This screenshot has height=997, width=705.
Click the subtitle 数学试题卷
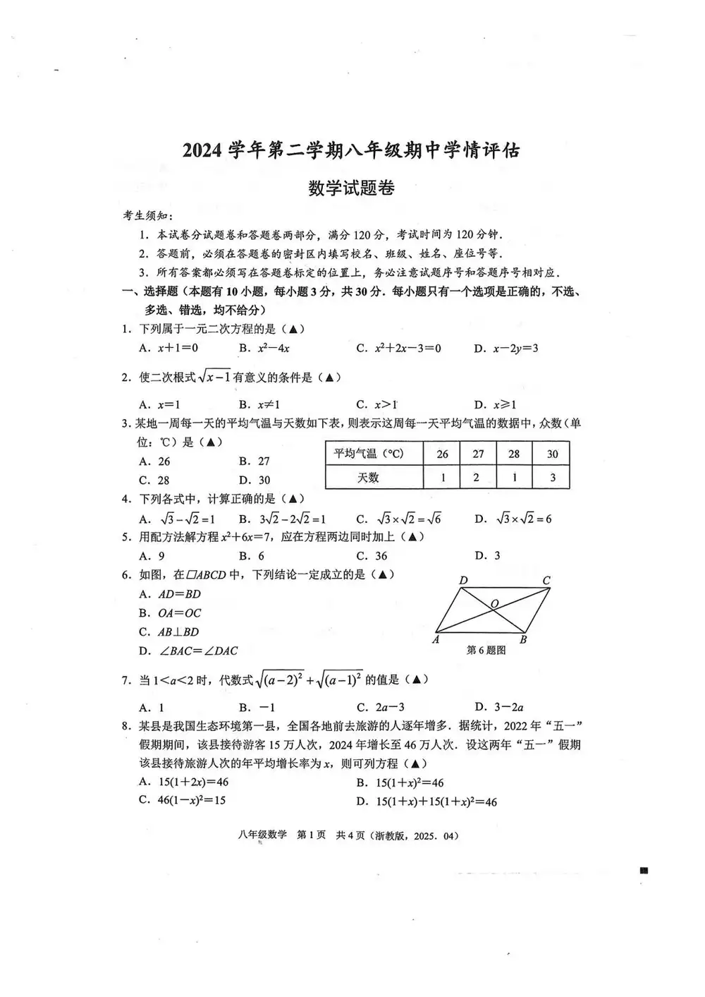click(351, 188)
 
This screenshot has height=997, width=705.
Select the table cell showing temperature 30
click(551, 454)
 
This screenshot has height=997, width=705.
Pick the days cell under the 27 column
click(477, 478)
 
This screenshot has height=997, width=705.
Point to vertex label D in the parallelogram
click(463, 581)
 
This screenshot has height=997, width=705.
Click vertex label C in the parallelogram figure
click(546, 581)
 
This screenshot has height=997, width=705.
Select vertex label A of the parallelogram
click(436, 639)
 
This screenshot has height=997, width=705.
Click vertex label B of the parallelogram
click(522, 640)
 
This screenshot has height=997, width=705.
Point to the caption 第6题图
click(486, 651)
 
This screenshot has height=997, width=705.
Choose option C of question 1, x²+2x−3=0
click(399, 348)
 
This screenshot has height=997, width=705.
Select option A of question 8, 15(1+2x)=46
click(184, 782)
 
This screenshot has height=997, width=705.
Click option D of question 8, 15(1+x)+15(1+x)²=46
click(427, 802)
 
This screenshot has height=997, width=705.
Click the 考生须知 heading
click(148, 216)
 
